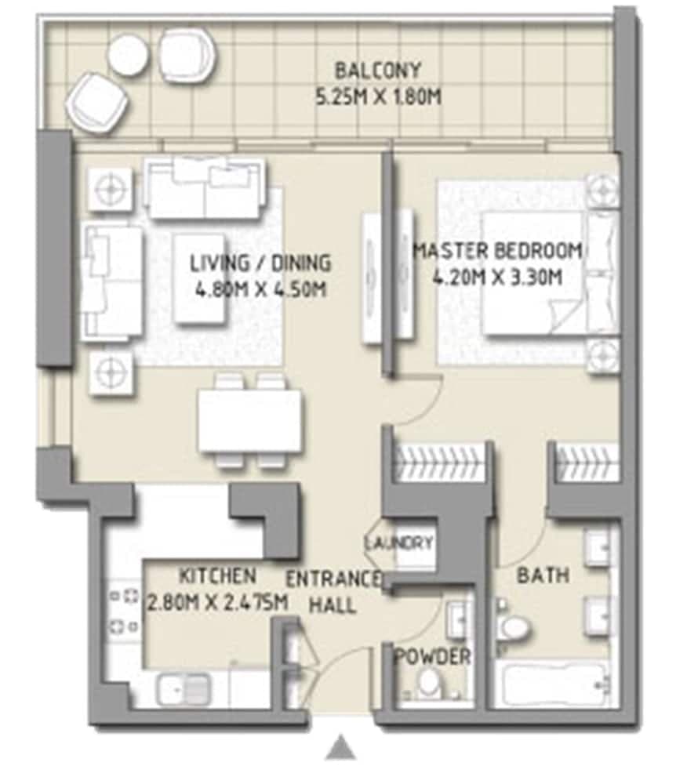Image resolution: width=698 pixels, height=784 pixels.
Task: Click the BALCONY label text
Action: tap(378, 71)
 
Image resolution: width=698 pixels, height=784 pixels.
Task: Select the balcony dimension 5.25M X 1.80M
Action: tap(378, 98)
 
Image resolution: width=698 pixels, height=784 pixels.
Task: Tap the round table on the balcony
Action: tap(129, 54)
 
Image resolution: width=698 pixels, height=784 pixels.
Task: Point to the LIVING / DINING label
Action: tap(260, 263)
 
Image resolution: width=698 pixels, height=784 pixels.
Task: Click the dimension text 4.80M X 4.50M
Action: tap(260, 289)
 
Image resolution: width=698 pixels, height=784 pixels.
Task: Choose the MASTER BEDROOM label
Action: tap(497, 251)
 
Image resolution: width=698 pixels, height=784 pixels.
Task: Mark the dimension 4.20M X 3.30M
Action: tap(497, 278)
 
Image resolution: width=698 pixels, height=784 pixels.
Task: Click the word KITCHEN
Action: tap(217, 576)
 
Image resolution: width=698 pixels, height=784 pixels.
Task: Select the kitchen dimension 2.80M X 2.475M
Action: tap(217, 603)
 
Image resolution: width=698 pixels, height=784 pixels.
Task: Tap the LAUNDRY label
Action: tap(399, 543)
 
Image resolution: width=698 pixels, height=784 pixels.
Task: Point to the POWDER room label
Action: tap(433, 657)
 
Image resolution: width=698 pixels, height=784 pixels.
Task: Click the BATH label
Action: tap(543, 575)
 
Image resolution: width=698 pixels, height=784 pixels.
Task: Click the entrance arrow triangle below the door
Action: tap(340, 748)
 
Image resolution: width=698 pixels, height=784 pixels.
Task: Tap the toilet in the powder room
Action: tap(429, 684)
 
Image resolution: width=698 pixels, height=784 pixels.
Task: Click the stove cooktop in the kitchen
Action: tap(124, 612)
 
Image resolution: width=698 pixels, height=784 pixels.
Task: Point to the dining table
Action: tap(249, 421)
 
